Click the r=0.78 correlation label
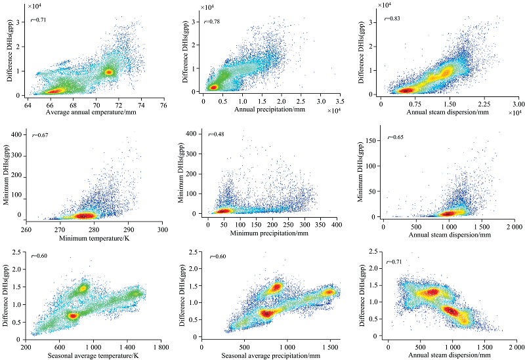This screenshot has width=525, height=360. pos(211,22)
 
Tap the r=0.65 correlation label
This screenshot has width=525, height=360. pos(396,138)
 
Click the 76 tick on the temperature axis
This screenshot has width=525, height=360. pos(162,104)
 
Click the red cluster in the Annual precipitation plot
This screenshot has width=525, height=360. pos(213,87)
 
